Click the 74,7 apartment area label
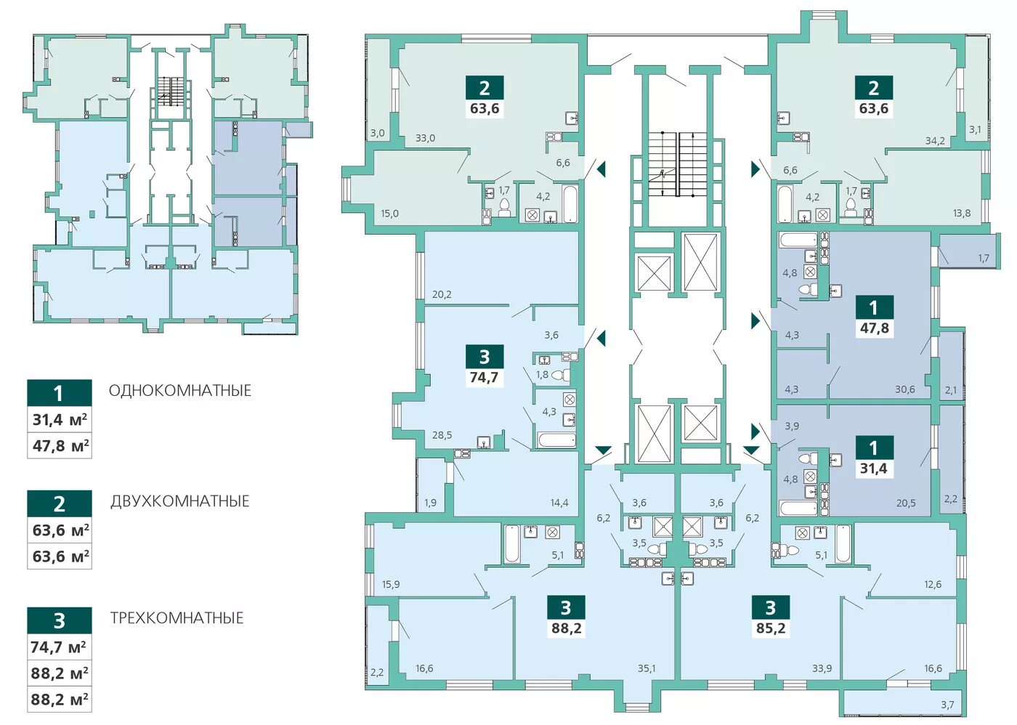click(485, 377)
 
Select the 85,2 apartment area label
click(771, 628)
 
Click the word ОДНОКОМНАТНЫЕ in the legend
click(180, 390)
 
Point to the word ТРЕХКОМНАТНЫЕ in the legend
click(177, 618)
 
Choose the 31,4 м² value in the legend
click(60, 419)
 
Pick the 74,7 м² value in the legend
click(59, 647)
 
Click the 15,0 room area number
click(389, 214)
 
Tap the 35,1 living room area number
click(646, 668)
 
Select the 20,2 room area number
click(442, 294)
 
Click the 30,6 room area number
click(905, 389)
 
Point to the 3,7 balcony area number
click(947, 705)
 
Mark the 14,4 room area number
click(559, 503)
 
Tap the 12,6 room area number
click(933, 584)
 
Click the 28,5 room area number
click(442, 435)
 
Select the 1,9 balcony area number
click(430, 503)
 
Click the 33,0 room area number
click(425, 138)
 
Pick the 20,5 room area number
click(906, 503)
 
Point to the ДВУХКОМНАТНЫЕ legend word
click(180, 501)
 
